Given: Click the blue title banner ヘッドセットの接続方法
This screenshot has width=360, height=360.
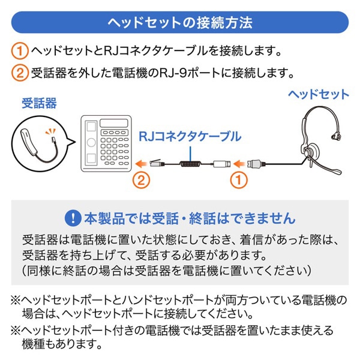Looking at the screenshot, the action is coord(180,22).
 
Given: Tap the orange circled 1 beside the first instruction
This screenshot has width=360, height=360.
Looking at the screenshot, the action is coord(20,50).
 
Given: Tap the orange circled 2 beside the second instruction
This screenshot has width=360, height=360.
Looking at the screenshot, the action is coord(20,73).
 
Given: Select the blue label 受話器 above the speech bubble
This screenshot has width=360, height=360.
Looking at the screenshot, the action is coord(39,103).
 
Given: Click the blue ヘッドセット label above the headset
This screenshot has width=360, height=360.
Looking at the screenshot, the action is coord(319,94).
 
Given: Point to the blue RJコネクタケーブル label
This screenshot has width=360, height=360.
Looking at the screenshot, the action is coord(190,136).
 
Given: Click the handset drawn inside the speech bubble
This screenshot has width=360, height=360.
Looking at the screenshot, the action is coord(29,143).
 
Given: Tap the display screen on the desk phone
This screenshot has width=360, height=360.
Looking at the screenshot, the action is coord(114,123).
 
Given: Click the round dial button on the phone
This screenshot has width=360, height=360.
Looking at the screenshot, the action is coord(91,142).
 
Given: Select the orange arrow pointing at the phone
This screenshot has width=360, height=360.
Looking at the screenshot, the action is coord(141,164).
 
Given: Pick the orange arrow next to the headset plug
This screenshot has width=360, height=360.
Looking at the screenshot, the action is coord(239,164).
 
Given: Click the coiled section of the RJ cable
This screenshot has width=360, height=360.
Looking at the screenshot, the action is coord(190,164).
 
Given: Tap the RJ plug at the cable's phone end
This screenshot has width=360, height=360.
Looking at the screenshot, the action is coord(157,163).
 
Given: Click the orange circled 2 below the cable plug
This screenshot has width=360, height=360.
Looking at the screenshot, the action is coord(141,180).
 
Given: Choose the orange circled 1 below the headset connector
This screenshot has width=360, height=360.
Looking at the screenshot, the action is coord(239,180).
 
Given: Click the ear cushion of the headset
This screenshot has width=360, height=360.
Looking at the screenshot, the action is coord(311,151).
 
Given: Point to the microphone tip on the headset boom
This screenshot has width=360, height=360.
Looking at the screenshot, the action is coord(337,172).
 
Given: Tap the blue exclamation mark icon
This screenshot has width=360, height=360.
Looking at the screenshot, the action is coord(73,218).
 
